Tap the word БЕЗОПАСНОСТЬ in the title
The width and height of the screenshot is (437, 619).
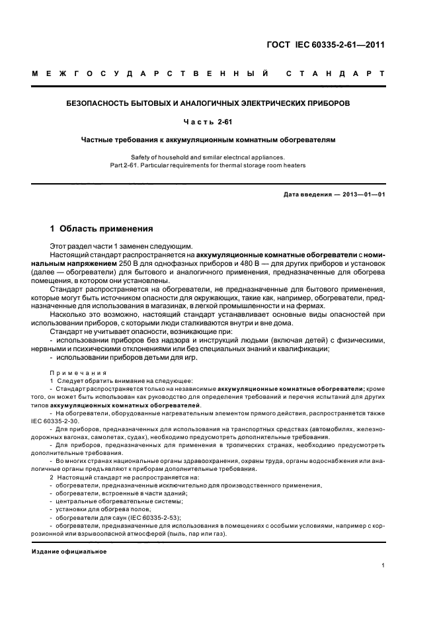102,104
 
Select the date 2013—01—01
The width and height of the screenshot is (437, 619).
362,194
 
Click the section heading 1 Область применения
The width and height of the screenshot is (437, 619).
102,229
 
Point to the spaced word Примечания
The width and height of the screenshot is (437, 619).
78,372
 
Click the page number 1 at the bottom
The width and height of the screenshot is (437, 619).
383,565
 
